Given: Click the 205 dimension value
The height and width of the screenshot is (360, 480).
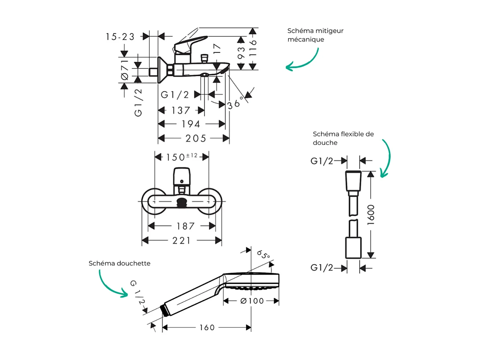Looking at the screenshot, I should [x=196, y=139].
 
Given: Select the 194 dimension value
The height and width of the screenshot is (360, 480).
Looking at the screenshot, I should [x=191, y=124].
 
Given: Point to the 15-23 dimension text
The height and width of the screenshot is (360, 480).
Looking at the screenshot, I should [x=120, y=37].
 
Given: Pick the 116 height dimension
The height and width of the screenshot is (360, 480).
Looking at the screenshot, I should [x=253, y=48].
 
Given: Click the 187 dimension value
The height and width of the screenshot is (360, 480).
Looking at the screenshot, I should [x=185, y=226].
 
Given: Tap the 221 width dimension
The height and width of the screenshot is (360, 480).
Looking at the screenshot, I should [x=181, y=241].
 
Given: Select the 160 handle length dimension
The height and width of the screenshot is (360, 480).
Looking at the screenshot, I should [x=207, y=328].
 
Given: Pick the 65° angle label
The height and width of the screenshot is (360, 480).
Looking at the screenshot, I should [x=263, y=255].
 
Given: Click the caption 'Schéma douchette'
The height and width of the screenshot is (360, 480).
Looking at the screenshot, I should [x=119, y=263].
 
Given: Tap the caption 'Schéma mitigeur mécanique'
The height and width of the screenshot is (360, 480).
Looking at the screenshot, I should [x=315, y=35].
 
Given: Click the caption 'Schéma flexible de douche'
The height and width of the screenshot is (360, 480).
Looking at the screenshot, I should [x=343, y=138].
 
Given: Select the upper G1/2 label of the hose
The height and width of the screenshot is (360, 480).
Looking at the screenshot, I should [x=322, y=161].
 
